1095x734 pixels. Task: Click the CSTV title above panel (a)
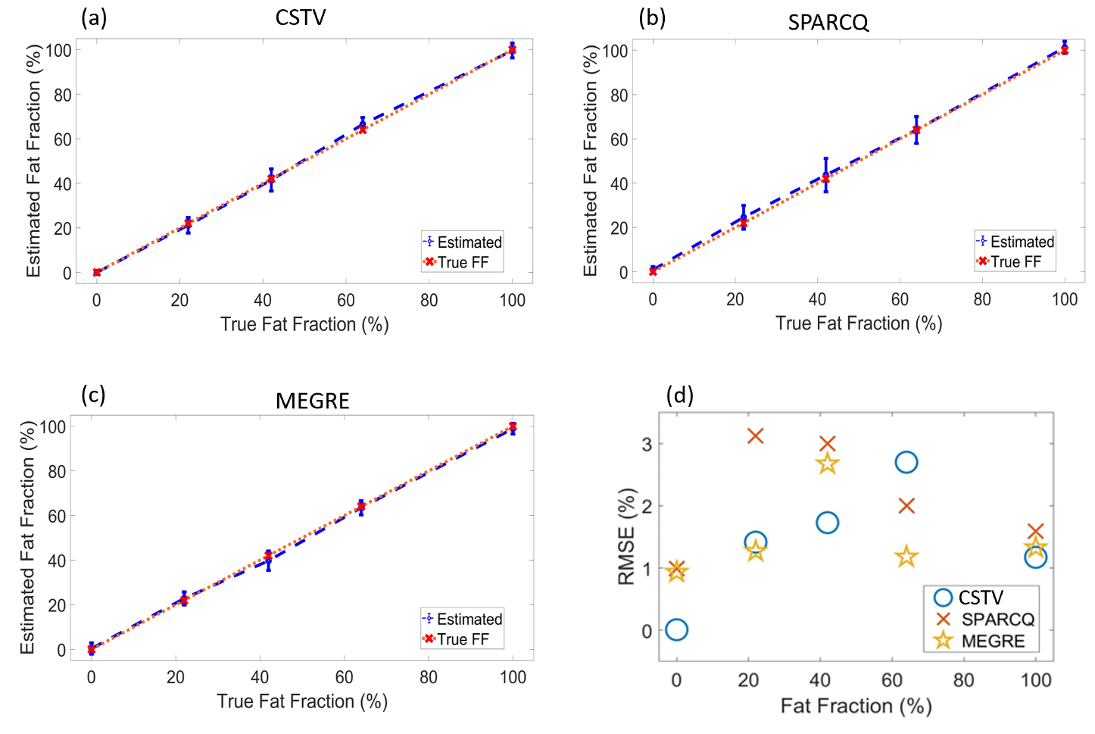coord(300,17)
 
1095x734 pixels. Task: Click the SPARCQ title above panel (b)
coord(828,22)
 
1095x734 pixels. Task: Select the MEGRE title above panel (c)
coord(312,401)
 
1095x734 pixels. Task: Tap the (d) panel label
coord(679,395)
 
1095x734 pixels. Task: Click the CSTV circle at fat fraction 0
coord(676,629)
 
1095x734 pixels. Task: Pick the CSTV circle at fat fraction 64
coord(906,462)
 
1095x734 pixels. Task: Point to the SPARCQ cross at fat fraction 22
coord(755,436)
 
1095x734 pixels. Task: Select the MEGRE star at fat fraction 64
coord(906,558)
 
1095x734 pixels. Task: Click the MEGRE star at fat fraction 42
coord(827,464)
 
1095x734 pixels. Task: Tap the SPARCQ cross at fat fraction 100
coord(1035,532)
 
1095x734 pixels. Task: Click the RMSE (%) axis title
coord(626,536)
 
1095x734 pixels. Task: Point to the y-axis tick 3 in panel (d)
coord(647,444)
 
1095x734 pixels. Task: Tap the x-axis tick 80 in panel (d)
coord(963,679)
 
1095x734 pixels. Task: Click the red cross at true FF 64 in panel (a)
coord(363,130)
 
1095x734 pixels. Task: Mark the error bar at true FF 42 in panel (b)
coord(825,174)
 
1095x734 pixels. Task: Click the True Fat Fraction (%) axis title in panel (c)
coord(302,701)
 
